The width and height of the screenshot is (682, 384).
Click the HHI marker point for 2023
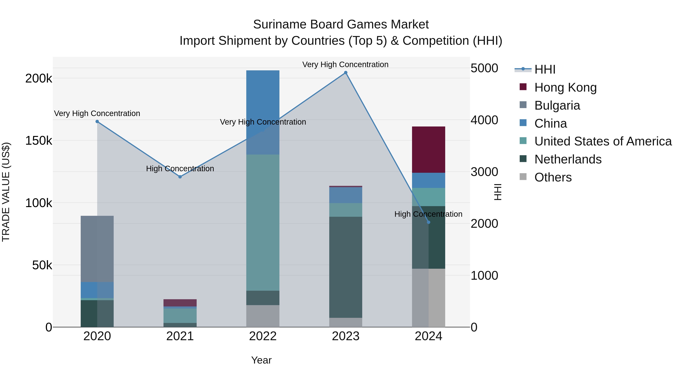tap(346, 73)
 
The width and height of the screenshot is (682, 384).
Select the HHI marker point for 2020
tap(97, 122)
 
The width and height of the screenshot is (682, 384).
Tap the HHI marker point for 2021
tap(180, 177)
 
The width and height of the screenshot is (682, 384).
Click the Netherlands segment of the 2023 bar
tap(346, 267)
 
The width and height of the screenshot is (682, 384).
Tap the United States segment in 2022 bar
tap(263, 223)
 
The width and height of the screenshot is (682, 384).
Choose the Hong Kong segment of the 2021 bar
tap(180, 303)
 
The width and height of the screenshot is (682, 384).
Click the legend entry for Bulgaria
tap(557, 105)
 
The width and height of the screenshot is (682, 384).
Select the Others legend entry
tap(553, 177)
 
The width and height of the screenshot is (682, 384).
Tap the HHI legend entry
tap(545, 69)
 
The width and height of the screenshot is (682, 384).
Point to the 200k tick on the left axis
tap(39, 79)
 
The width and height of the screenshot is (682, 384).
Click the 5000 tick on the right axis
tap(484, 68)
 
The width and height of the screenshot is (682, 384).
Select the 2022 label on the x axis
tap(263, 336)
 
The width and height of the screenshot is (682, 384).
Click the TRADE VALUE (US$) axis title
tap(6, 192)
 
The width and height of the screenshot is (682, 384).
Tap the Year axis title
tap(261, 360)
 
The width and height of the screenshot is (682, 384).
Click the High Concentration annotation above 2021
tap(180, 169)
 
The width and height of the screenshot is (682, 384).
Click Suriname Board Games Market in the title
tap(341, 24)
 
